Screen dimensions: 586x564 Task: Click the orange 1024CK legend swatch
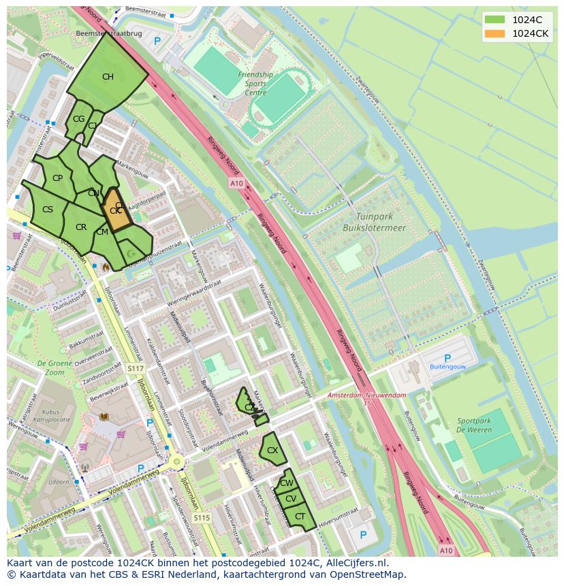(x=495, y=33)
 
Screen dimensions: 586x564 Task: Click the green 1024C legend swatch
(x=495, y=19)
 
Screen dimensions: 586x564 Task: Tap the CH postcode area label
(x=108, y=77)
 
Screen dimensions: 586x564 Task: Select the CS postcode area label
(x=48, y=210)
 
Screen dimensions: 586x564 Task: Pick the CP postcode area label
(x=57, y=178)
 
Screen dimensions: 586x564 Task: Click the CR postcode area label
(x=81, y=227)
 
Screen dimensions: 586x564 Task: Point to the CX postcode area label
(x=272, y=451)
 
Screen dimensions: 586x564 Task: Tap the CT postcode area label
(x=300, y=517)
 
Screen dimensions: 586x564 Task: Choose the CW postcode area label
(x=287, y=483)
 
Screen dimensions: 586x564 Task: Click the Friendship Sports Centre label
(x=255, y=84)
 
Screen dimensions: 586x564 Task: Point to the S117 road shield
(x=136, y=368)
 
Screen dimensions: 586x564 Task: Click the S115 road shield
(x=202, y=518)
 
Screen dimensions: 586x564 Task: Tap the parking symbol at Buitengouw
(x=447, y=359)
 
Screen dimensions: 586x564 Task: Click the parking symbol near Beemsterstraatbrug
(x=157, y=42)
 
